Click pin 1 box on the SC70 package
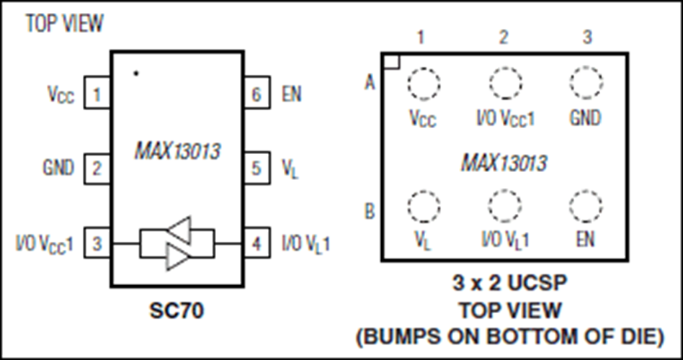pos(97,92)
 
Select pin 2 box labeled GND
pos(97,168)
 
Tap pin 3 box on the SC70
pos(97,243)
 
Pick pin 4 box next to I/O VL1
pos(257,243)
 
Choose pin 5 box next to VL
pos(257,168)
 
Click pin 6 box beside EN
pos(257,92)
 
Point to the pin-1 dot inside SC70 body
pos(136,73)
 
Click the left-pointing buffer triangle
pos(179,230)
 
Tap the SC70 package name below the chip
pos(177,310)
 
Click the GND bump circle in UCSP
pos(586,83)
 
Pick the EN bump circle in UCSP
pos(586,206)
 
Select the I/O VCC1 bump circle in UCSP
pos(505,83)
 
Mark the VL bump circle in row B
pos(424,206)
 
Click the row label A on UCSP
pos(370,82)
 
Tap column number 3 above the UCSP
pos(588,37)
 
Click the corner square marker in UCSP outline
pos(391,61)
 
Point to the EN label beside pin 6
pos(291,94)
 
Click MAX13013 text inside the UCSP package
pos(504,163)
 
